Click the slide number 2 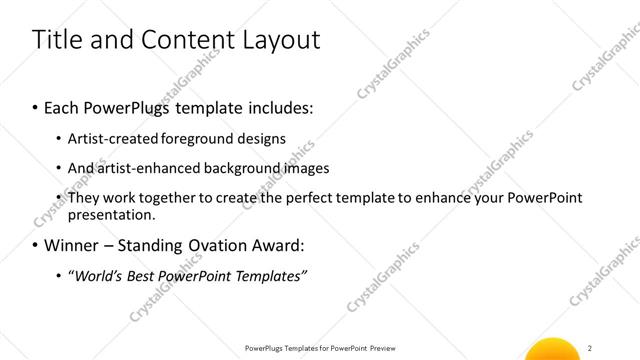(592, 347)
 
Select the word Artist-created (113, 138)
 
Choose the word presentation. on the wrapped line (111, 214)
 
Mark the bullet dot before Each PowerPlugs (36, 106)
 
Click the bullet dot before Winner (36, 246)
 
